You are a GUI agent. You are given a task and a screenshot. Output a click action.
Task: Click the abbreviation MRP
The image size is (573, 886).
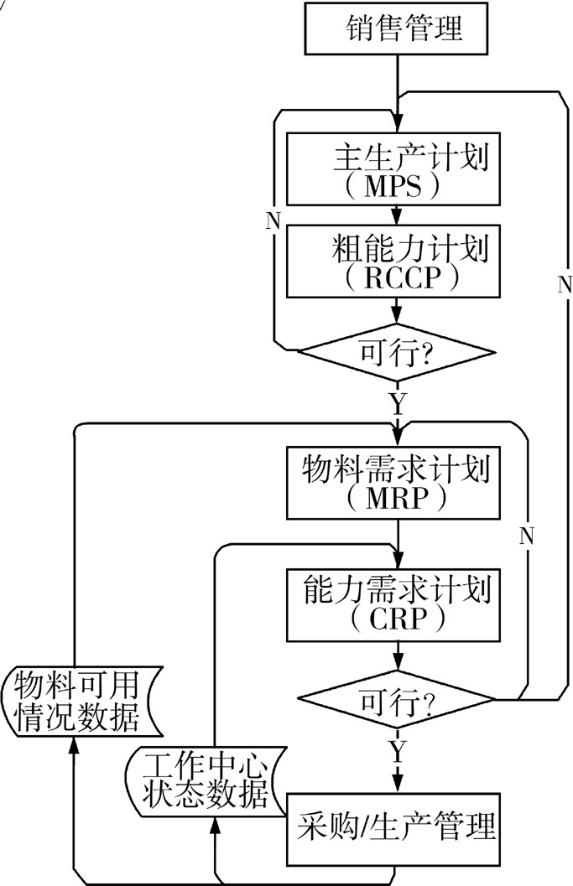pyautogui.click(x=398, y=500)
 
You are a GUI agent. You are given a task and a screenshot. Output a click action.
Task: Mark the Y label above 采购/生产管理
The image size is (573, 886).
pyautogui.click(x=397, y=746)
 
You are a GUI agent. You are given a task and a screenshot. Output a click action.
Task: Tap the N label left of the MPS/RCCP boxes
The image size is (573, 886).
pyautogui.click(x=273, y=221)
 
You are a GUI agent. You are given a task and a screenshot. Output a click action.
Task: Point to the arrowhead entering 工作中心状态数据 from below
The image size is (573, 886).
pyautogui.click(x=215, y=826)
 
